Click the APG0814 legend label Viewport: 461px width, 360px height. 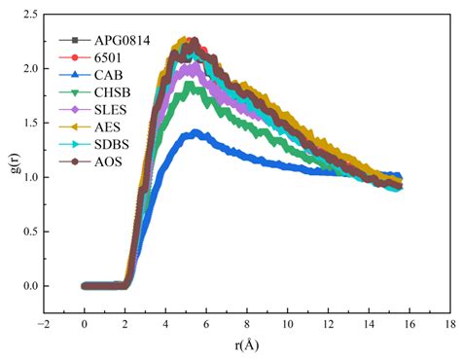124,41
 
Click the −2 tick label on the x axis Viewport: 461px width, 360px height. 42,326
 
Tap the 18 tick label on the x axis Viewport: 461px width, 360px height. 449,326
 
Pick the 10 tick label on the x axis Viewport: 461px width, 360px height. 287,326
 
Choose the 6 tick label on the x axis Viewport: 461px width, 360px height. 206,326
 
